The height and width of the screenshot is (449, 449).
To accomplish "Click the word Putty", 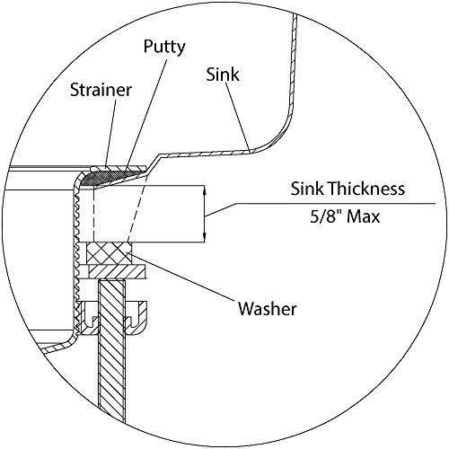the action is click(164, 48).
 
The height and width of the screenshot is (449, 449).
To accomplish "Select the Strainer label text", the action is click(101, 90).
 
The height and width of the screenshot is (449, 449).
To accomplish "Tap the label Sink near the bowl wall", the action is click(223, 75).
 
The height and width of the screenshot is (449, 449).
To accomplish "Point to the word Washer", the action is click(268, 309).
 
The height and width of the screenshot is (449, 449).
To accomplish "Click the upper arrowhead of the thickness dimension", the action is click(205, 189).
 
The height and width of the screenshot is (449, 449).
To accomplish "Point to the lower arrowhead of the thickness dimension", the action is click(205, 238).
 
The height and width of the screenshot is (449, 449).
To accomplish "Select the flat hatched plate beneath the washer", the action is click(117, 272).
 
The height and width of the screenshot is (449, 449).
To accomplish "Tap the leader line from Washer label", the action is click(180, 276).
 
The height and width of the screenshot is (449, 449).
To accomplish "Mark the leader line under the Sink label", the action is click(238, 117).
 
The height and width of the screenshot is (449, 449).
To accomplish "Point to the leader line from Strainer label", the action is click(110, 132).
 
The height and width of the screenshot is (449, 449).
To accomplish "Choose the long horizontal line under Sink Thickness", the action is click(335, 204).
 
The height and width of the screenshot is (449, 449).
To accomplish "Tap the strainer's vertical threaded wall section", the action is click(76, 258).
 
